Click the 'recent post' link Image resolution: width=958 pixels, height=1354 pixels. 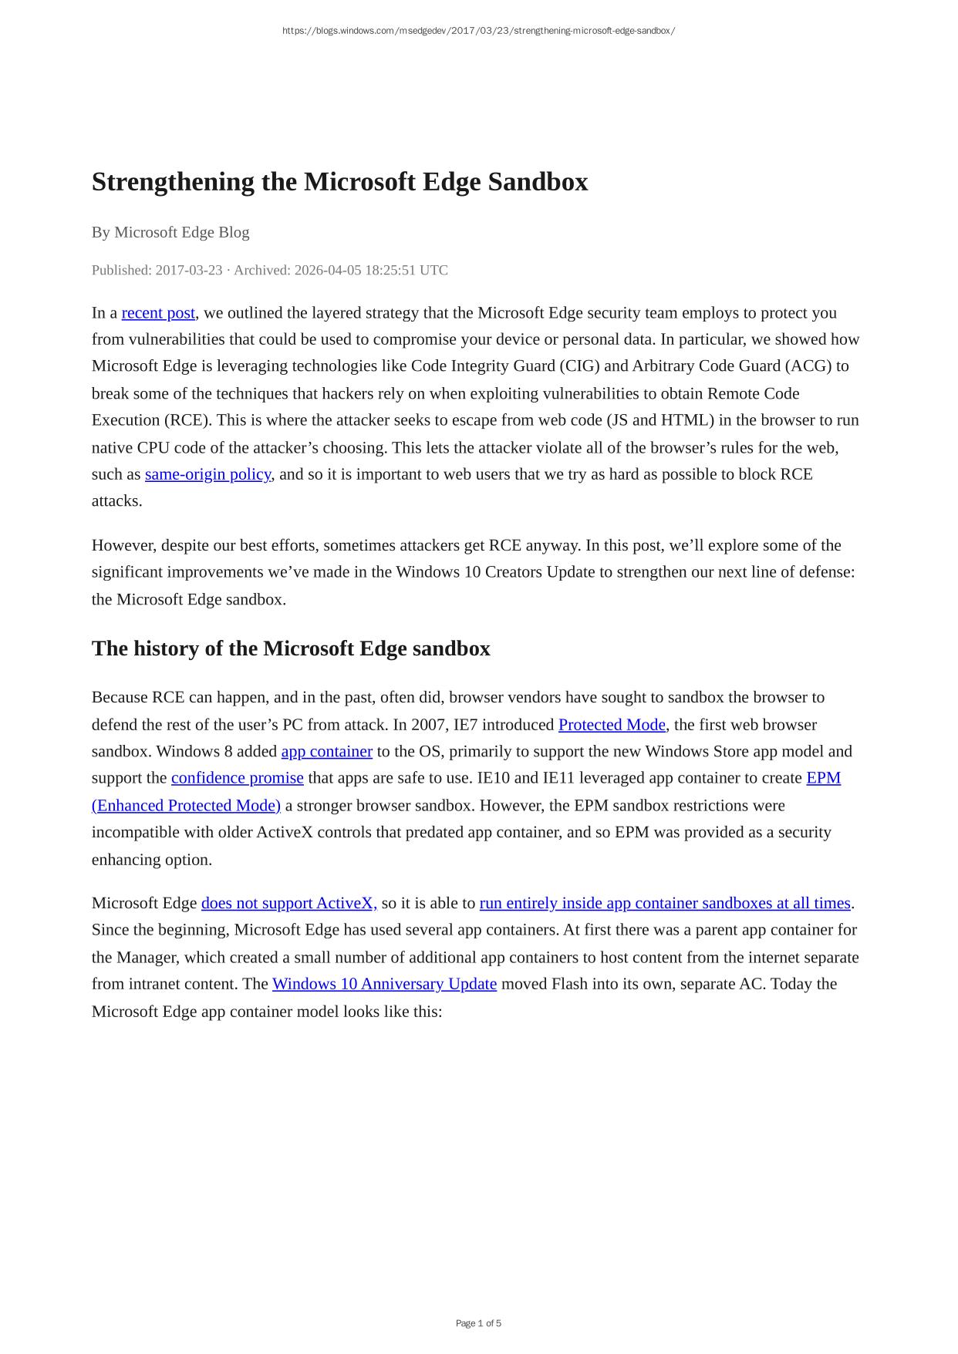pos(158,313)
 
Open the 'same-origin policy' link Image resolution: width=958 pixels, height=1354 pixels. pos(207,474)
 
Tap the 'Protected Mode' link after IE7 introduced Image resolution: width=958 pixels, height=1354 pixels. pos(612,725)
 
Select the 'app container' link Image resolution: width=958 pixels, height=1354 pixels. pos(326,752)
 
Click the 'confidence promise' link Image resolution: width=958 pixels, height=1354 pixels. pos(237,778)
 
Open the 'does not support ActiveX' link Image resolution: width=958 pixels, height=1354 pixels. pos(288,904)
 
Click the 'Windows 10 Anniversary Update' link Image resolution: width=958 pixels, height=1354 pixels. pos(384,985)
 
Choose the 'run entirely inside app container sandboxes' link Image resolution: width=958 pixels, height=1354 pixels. pos(664,904)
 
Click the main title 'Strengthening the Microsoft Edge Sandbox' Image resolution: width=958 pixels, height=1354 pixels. pos(339,183)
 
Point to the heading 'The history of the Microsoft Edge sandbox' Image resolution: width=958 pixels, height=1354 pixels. pos(291,649)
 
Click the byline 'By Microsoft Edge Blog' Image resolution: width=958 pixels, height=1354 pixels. pos(170,233)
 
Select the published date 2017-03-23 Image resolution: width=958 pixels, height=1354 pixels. pos(188,271)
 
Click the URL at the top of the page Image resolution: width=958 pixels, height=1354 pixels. pos(478,32)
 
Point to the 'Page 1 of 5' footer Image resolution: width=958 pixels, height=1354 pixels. pos(478,1324)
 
